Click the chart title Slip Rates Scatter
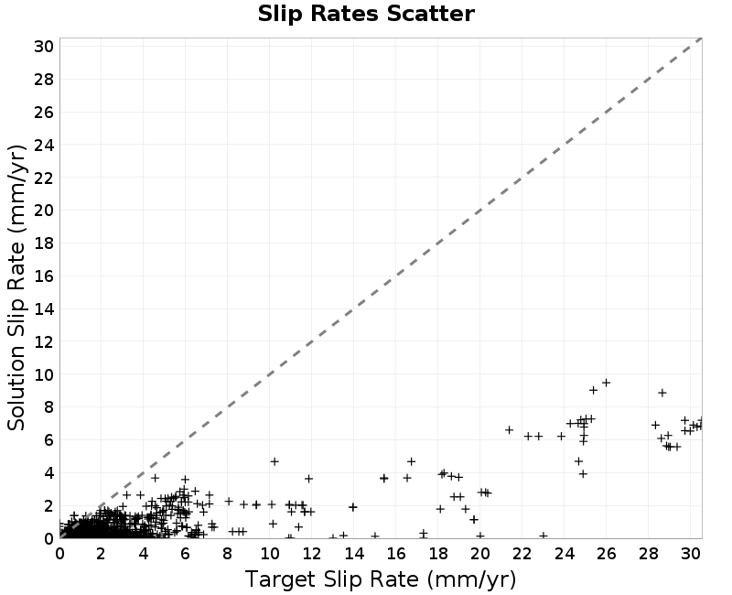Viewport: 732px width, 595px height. click(x=366, y=14)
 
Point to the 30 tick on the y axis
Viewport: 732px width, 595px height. click(x=44, y=47)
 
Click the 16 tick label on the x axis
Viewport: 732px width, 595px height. click(x=395, y=554)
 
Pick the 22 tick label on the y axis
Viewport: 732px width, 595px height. click(x=44, y=178)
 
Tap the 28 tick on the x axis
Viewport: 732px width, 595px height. click(x=648, y=554)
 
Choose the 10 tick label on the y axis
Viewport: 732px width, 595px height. click(x=44, y=374)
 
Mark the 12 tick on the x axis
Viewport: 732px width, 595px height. click(x=311, y=554)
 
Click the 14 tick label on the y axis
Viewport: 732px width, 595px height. click(x=44, y=308)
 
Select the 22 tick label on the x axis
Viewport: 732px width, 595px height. click(x=522, y=554)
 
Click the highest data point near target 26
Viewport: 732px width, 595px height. click(x=606, y=383)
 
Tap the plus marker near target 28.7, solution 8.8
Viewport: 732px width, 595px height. click(x=662, y=393)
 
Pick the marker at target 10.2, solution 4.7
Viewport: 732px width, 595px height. click(x=274, y=461)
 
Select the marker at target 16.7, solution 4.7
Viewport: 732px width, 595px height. click(x=411, y=461)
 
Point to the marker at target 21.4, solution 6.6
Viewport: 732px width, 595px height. click(x=510, y=429)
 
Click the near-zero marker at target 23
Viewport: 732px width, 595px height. click(x=543, y=535)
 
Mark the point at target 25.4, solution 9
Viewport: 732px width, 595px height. click(x=593, y=390)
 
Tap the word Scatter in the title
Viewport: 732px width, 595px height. click(x=430, y=14)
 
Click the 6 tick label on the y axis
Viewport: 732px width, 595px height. click(x=48, y=440)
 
